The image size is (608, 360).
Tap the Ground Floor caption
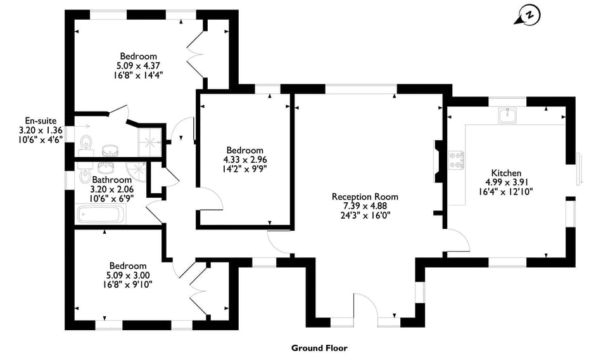tap(319, 347)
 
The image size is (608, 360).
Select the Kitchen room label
tap(506, 173)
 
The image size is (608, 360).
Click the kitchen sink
tap(507, 115)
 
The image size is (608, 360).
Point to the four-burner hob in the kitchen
tap(457, 160)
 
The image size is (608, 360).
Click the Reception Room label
tap(365, 196)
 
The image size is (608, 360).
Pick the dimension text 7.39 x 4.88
tap(365, 205)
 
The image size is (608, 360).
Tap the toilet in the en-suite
tap(86, 145)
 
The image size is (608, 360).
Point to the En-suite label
tap(41, 120)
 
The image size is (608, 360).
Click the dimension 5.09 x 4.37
tap(138, 65)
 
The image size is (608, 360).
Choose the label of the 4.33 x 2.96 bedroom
tap(244, 150)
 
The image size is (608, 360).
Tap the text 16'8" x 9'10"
tap(127, 284)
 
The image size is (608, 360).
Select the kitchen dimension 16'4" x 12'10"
tap(506, 191)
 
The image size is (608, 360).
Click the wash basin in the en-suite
tap(111, 150)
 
